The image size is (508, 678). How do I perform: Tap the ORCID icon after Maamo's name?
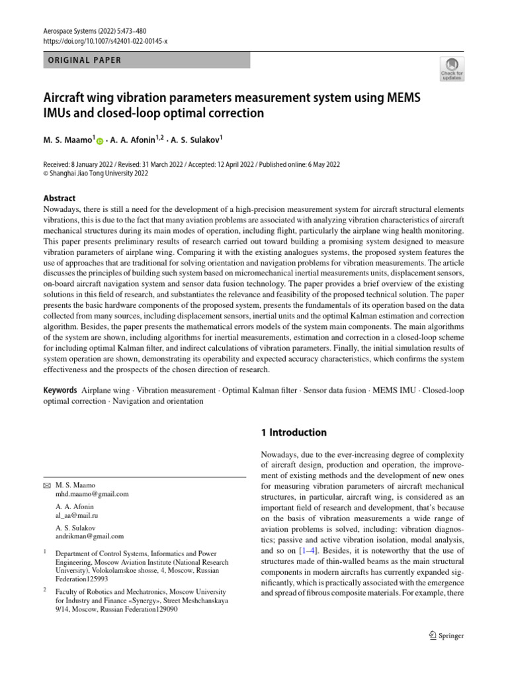[100, 141]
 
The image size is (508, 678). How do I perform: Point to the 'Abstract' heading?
[60, 198]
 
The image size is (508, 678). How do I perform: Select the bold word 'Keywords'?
[60, 391]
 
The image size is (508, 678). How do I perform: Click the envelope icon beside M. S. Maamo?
[47, 485]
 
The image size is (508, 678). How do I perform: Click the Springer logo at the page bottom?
[443, 636]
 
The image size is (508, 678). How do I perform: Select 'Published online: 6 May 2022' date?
[342, 164]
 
